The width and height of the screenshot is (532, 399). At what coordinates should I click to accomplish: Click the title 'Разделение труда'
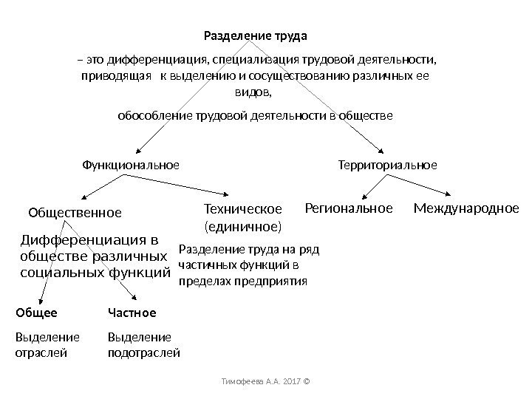point(255,35)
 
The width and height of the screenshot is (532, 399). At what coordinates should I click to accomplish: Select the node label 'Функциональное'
point(129,164)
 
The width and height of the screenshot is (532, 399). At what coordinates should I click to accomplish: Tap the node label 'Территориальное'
point(387,164)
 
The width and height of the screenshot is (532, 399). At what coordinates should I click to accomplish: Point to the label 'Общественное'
point(75,213)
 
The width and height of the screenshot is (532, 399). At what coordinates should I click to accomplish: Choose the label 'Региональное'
point(349,209)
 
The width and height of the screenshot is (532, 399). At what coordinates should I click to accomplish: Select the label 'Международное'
point(466,209)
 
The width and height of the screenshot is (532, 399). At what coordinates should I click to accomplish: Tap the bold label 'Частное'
point(132,313)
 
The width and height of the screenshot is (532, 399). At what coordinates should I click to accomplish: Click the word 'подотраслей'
point(144,352)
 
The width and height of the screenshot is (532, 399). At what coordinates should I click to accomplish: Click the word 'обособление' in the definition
point(153,116)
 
